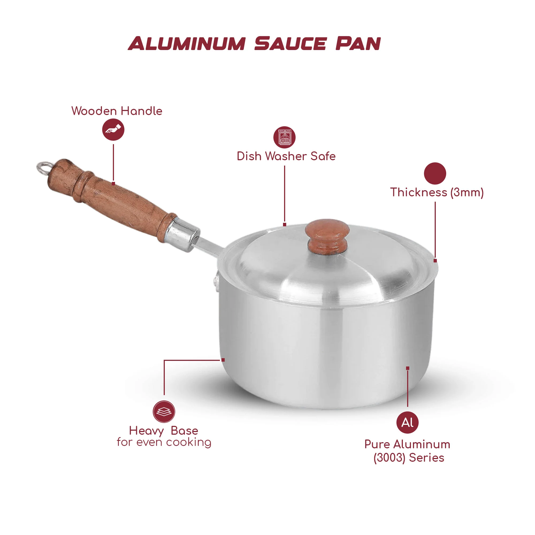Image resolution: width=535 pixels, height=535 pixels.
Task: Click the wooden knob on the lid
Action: pos(327,237)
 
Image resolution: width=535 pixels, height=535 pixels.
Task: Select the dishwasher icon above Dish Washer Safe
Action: pos(284,137)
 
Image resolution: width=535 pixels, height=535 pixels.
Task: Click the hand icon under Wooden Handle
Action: pos(113,129)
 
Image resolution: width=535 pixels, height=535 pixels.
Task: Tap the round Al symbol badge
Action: pos(407,423)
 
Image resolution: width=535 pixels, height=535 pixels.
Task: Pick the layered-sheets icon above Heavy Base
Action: pos(164,411)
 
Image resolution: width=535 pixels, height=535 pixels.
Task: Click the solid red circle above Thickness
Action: pos(435,173)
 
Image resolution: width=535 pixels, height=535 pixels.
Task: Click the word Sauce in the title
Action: pos(291,44)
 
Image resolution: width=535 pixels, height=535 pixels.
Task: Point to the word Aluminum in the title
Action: pos(187,44)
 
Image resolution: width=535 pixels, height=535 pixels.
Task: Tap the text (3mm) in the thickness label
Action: pos(467,192)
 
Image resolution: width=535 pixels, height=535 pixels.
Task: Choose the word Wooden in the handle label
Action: pos(94,111)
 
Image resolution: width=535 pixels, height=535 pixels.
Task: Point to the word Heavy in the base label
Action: pos(147,431)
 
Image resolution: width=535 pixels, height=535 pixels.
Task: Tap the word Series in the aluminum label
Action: pos(426,458)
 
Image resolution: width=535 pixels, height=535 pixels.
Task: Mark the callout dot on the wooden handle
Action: pos(113,184)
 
